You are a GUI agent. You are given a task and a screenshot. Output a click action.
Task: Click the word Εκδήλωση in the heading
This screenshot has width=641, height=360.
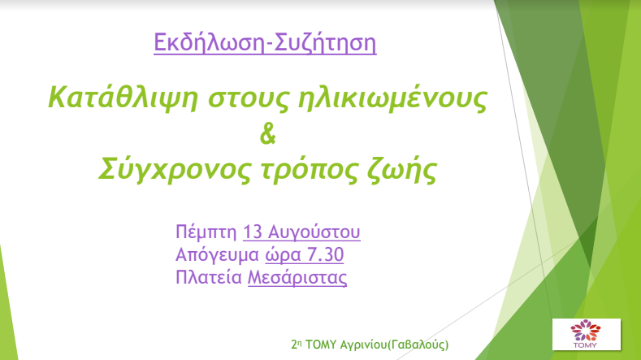click(209, 42)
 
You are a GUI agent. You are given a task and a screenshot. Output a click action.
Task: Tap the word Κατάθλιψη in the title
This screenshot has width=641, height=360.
click(123, 98)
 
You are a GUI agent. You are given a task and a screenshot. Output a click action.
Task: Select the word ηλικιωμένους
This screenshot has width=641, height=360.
click(392, 98)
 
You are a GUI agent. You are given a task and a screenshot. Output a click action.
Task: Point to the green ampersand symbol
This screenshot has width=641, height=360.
click(268, 134)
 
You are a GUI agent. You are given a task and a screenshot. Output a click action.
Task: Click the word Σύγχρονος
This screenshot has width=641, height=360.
click(175, 169)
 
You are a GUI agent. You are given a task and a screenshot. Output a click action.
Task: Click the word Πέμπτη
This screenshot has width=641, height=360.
click(206, 232)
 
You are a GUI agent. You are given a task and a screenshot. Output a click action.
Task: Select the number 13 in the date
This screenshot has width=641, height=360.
click(253, 232)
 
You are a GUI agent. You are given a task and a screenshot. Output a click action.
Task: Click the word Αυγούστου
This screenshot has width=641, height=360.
click(314, 232)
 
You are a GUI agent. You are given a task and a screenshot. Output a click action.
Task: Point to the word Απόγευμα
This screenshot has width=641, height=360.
click(217, 255)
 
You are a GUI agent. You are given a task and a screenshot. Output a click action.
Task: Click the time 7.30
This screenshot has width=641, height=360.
click(325, 254)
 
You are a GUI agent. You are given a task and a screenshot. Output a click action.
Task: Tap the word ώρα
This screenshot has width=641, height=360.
click(283, 255)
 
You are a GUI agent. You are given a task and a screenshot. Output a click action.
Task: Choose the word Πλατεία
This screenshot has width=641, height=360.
click(209, 277)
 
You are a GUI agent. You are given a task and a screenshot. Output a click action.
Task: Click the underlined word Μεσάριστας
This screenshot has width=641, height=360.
click(297, 278)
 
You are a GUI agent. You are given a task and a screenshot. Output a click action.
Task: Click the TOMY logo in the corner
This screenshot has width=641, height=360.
click(587, 334)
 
